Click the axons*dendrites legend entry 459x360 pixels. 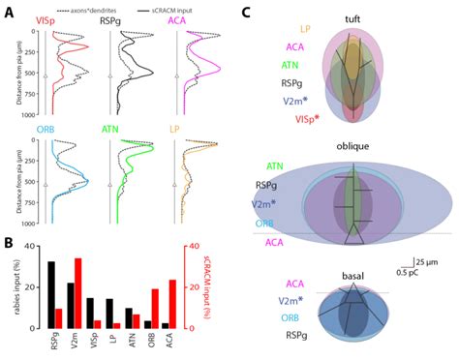point(96,8)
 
